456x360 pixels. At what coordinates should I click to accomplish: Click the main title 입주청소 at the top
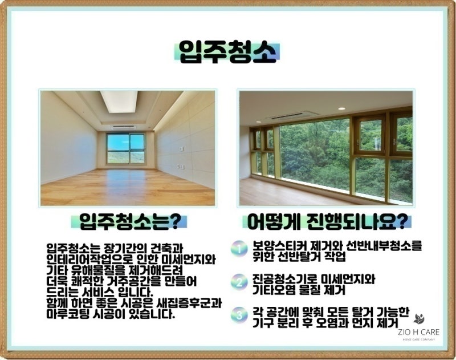227,52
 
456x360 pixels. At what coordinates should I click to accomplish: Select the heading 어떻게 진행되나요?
327,223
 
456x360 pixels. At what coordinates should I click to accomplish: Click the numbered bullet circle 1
239,249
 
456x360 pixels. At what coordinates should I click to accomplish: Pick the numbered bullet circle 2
239,282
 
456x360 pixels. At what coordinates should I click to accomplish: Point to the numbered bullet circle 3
239,315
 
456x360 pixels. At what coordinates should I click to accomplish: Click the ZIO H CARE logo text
418,332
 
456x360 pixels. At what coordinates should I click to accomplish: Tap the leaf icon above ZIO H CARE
419,319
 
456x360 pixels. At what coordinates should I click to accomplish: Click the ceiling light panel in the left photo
119,102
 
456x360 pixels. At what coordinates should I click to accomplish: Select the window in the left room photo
125,148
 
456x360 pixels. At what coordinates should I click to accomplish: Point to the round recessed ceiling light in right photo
341,108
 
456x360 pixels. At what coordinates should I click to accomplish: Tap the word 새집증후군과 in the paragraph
189,304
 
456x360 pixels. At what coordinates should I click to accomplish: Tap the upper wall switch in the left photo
181,149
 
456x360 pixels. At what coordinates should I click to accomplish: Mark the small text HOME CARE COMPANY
419,339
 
